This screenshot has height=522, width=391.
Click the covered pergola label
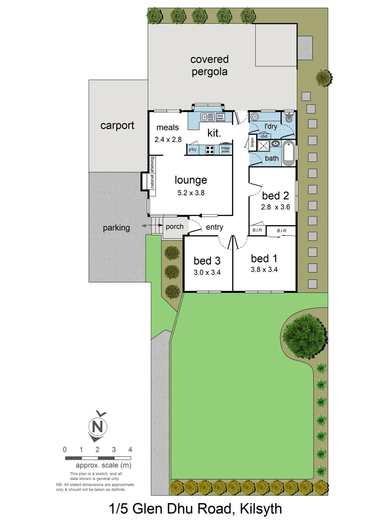[209, 66]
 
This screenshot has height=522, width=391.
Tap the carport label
[117, 126]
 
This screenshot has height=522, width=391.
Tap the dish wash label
[220, 116]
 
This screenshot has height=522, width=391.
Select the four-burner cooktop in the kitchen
[210, 150]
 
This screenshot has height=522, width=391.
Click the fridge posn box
[225, 150]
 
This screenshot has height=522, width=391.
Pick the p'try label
[193, 150]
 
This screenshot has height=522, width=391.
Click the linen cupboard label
[252, 143]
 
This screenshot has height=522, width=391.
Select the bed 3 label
[207, 261]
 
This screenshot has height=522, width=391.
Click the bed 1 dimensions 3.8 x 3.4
[264, 270]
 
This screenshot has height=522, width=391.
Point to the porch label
[174, 226]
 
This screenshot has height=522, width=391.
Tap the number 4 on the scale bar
[130, 449]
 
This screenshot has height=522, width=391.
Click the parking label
[116, 228]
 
